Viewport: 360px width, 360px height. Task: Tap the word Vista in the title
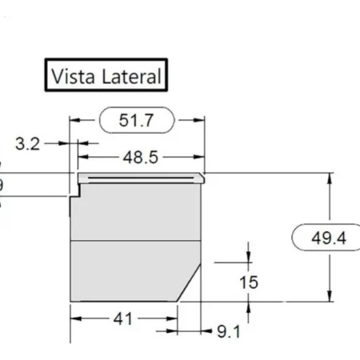coord(70,76)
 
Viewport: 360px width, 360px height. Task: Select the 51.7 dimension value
coord(135,121)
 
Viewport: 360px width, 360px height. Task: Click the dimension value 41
coord(122,319)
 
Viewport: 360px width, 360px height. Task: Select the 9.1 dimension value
coord(226,330)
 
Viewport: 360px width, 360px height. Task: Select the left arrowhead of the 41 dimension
coord(76,319)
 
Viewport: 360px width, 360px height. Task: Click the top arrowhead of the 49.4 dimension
coord(330,178)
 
